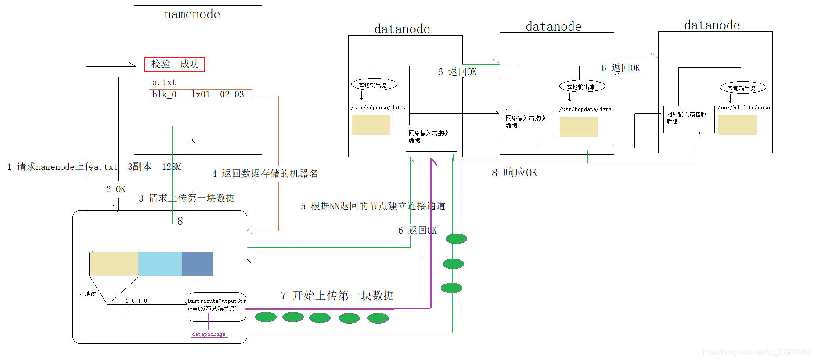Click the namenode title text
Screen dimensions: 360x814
click(192, 14)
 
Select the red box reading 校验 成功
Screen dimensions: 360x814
click(174, 64)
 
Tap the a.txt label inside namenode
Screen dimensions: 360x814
click(164, 83)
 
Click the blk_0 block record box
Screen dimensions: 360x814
click(200, 95)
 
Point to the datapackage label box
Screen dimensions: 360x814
click(209, 334)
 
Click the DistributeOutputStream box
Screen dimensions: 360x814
click(216, 306)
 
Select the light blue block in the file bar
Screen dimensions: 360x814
click(160, 264)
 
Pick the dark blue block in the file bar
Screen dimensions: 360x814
click(198, 264)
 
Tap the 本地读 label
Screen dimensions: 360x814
click(87, 294)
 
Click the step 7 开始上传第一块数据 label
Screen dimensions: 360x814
click(337, 295)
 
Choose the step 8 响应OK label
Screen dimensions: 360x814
click(514, 173)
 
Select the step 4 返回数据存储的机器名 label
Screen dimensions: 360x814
click(265, 174)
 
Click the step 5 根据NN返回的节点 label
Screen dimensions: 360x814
click(373, 206)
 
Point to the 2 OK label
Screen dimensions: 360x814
click(116, 189)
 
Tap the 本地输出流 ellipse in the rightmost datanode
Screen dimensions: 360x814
click(742, 88)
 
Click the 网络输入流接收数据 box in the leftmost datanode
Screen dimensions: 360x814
click(431, 138)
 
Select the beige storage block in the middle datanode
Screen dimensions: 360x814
click(579, 126)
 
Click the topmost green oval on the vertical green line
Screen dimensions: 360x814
click(456, 239)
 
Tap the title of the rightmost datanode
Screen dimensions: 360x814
click(712, 25)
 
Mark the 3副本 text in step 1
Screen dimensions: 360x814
click(140, 167)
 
